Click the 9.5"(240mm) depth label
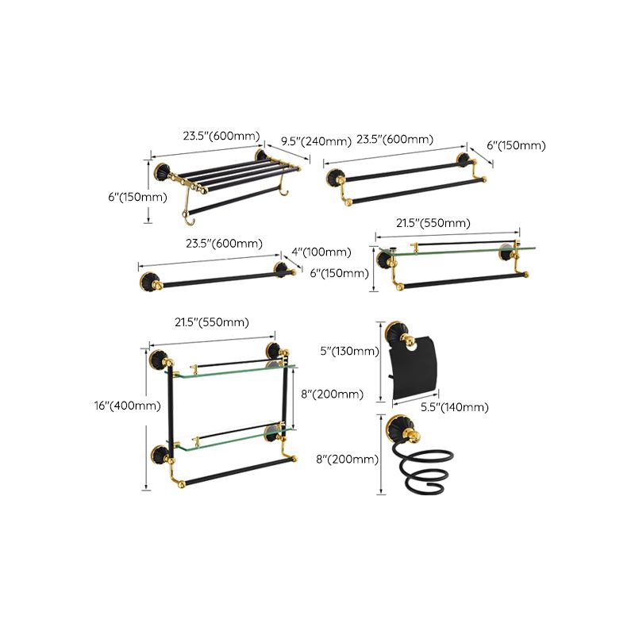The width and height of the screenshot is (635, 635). (316, 141)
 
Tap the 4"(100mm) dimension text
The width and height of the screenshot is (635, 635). (320, 252)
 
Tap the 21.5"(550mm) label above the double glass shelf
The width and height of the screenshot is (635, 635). (212, 322)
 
